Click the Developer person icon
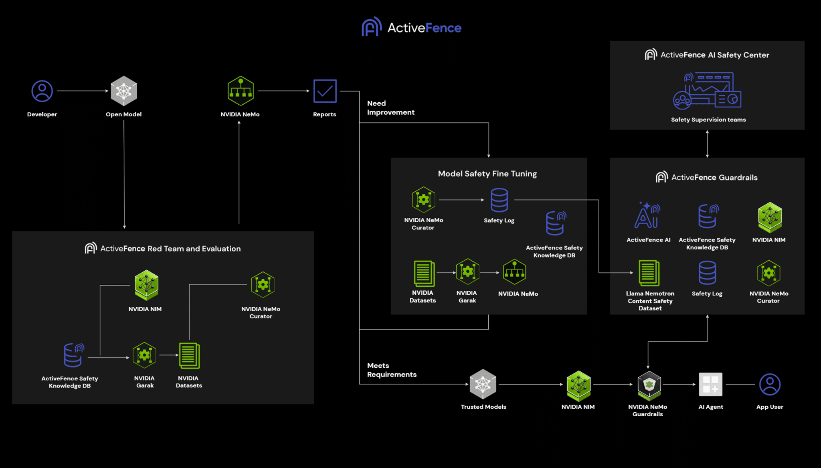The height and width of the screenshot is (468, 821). click(42, 91)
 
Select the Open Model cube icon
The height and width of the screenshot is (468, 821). click(123, 91)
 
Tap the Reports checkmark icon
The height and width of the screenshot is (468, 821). click(325, 91)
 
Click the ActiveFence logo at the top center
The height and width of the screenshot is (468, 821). click(411, 27)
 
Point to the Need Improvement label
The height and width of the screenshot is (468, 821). click(390, 108)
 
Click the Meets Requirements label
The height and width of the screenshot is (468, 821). click(391, 370)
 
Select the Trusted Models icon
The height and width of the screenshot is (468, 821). click(483, 384)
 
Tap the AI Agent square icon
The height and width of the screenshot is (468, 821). click(710, 384)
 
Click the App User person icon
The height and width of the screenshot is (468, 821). click(769, 384)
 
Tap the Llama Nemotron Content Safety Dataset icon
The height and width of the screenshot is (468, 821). click(649, 273)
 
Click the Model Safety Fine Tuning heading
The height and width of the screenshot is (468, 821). click(487, 174)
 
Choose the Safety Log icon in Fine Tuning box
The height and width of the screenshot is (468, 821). click(499, 200)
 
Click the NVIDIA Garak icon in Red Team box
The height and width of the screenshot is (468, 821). click(144, 355)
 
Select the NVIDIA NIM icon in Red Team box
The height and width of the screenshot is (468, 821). click(146, 285)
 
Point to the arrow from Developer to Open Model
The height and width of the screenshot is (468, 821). click(83, 91)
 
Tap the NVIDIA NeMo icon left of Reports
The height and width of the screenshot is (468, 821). click(241, 91)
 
